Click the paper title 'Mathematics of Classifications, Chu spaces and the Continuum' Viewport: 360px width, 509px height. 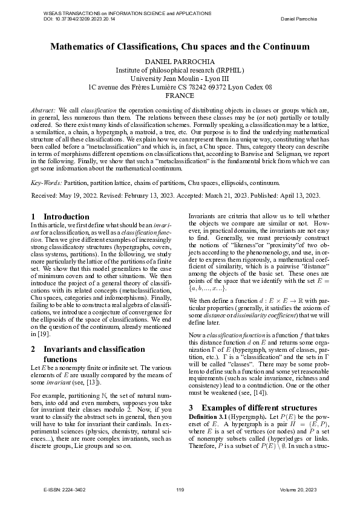point(180,46)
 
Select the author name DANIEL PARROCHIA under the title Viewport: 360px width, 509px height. point(180,62)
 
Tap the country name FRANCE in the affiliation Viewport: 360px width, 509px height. point(180,95)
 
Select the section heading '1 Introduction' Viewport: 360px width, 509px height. point(60,216)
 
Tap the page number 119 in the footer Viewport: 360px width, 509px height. point(180,488)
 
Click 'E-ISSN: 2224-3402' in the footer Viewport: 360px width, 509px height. point(61,488)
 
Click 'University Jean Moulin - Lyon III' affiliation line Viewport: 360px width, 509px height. point(180,78)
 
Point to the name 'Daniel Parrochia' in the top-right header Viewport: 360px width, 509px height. point(305,19)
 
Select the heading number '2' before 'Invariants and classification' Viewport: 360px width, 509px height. point(33,348)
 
